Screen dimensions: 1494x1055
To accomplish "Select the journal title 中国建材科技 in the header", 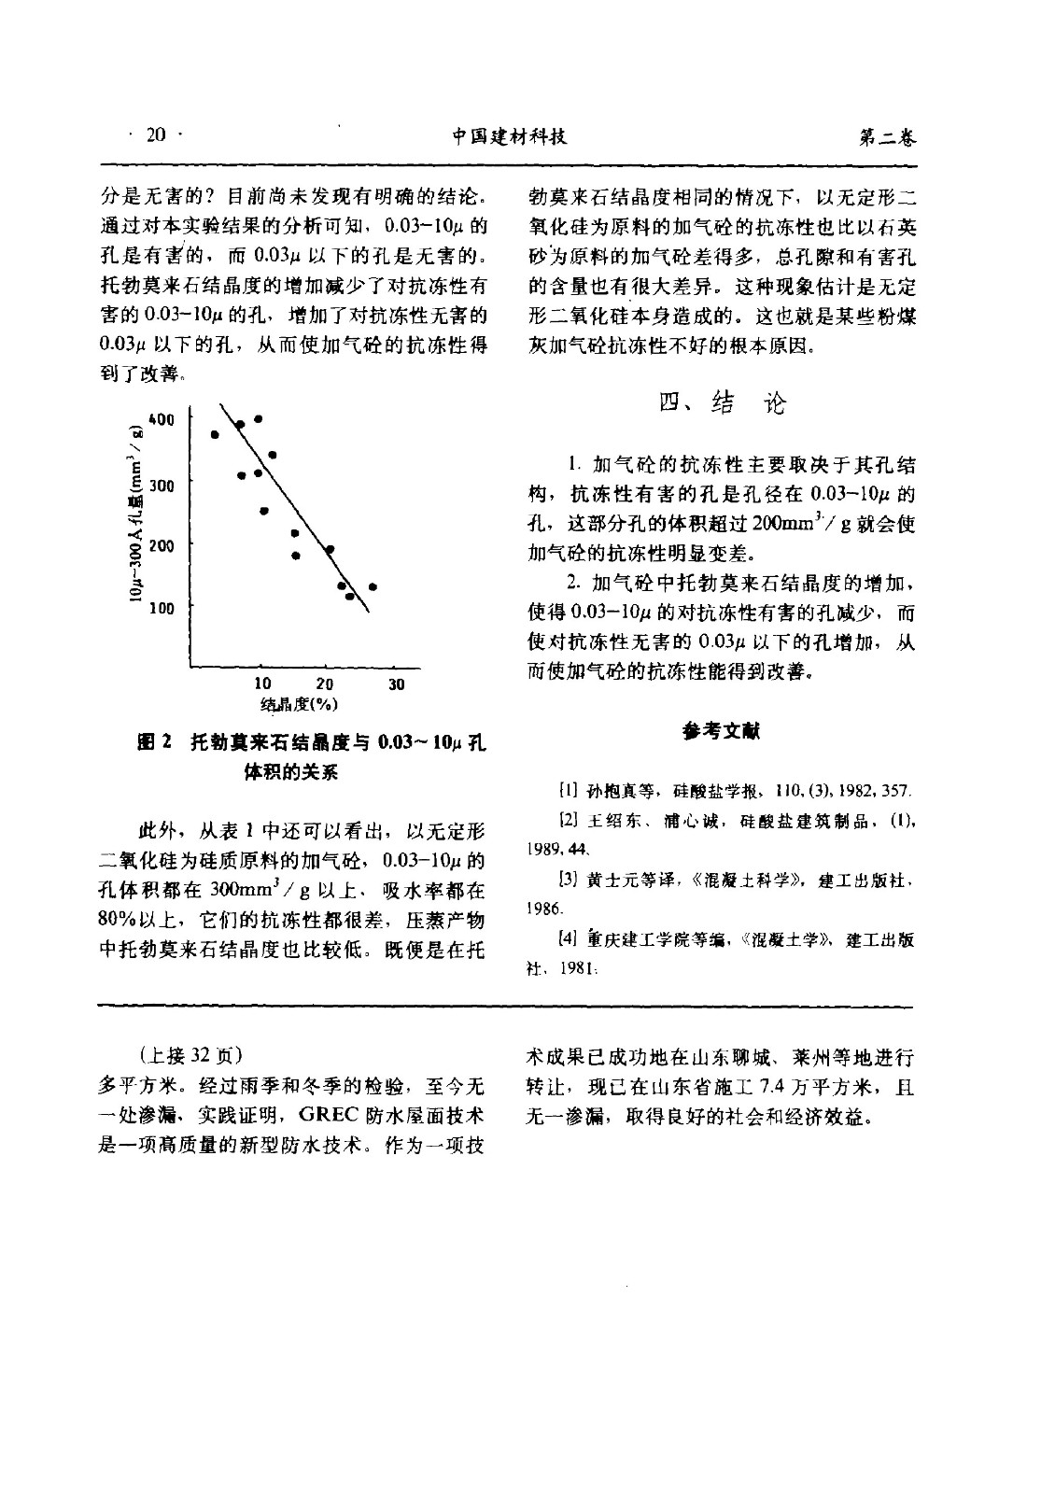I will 510,137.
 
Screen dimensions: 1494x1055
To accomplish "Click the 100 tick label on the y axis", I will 162,608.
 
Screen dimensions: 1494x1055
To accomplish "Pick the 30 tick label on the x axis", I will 396,684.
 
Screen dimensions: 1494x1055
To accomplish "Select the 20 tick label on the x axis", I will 325,684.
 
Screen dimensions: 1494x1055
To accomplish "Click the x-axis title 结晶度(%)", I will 298,705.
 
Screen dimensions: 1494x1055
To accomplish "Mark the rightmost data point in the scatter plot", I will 373,586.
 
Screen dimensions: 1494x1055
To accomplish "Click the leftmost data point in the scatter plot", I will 215,434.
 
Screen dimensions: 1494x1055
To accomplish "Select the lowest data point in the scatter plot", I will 350,596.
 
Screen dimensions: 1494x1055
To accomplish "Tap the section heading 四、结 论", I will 722,402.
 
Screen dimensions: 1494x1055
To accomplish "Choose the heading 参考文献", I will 721,731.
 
